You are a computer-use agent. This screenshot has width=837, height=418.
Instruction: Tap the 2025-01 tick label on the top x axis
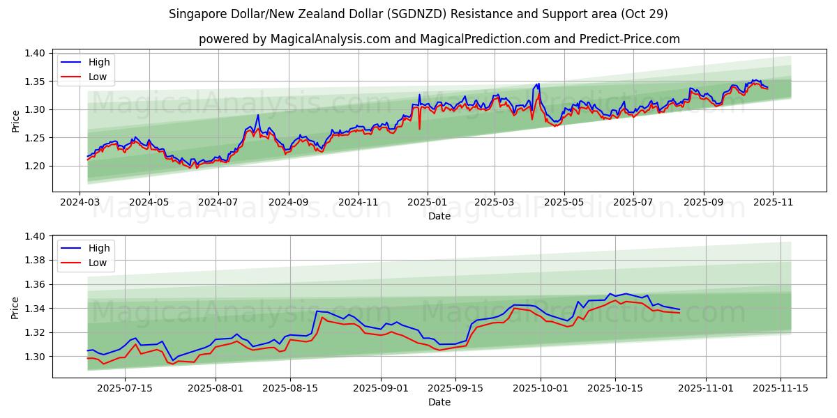point(426,202)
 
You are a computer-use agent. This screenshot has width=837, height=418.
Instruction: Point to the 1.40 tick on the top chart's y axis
point(36,53)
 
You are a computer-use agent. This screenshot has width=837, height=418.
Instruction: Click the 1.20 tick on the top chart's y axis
point(36,166)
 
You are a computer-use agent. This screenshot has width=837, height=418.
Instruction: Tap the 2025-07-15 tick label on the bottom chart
point(125,388)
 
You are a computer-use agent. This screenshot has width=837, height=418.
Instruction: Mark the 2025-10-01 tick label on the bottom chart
point(541,388)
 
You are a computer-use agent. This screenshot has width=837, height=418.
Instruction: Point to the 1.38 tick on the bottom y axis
point(36,261)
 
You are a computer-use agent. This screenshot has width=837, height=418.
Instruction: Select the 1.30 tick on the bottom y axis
point(36,357)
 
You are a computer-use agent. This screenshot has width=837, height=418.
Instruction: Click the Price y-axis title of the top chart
point(15,121)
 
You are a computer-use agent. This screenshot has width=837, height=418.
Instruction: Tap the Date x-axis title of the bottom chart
point(439,402)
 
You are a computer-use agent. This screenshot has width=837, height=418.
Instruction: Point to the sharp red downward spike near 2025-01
point(419,128)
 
